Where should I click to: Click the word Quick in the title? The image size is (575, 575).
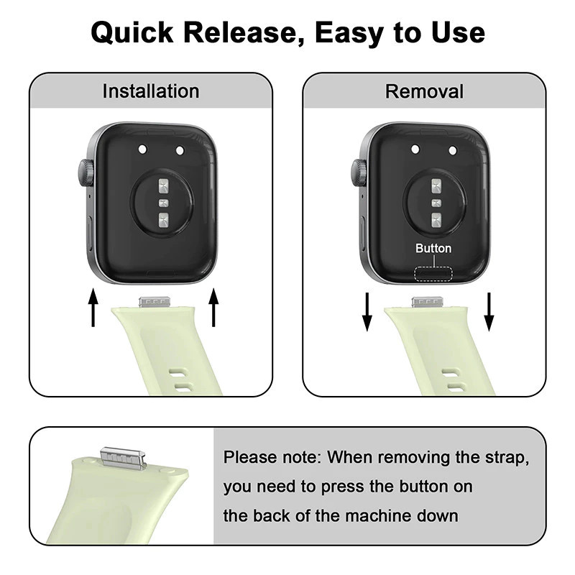click(132, 32)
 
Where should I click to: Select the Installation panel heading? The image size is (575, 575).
click(151, 91)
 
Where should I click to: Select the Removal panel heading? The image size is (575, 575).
click(424, 91)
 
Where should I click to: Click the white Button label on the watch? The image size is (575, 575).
click(433, 248)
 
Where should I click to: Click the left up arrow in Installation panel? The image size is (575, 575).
click(93, 308)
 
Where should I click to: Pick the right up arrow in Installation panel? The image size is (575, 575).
click(213, 308)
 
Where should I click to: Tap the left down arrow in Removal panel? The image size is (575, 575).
click(367, 312)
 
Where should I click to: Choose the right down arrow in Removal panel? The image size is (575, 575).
click(489, 312)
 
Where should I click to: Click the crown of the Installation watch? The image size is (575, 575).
click(86, 172)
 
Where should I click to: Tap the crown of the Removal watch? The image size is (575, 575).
click(359, 172)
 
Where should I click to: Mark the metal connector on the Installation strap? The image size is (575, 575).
click(155, 303)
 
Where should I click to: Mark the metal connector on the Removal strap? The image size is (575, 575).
click(428, 303)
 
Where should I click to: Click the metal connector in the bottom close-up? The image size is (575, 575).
click(124, 458)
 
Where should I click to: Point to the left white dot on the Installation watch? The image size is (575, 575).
click(142, 149)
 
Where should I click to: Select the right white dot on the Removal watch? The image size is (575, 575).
click(453, 150)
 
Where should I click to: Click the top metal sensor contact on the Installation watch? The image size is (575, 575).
click(164, 185)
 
